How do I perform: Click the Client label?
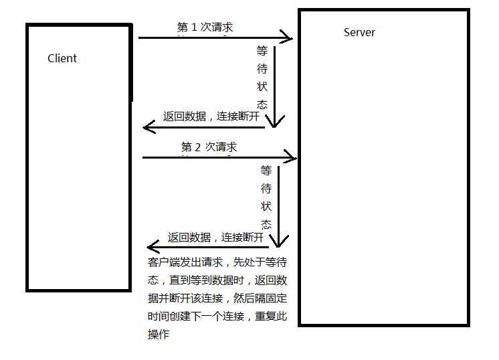tap(62, 58)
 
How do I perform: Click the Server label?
tap(359, 32)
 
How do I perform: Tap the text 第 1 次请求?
tap(205, 27)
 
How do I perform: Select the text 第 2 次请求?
tap(209, 147)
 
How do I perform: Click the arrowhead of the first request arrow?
tap(289, 37)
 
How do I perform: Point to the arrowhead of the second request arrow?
tap(292, 158)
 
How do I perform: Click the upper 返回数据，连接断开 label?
tap(211, 116)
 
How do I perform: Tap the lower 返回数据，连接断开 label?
tap(215, 237)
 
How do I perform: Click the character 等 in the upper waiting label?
tap(262, 51)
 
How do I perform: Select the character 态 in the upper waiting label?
tap(262, 104)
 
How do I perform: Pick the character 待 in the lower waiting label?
tap(266, 188)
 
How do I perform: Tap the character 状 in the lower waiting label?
tap(266, 206)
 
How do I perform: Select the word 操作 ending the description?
tap(159, 335)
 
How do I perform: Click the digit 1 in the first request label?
tap(195, 27)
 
